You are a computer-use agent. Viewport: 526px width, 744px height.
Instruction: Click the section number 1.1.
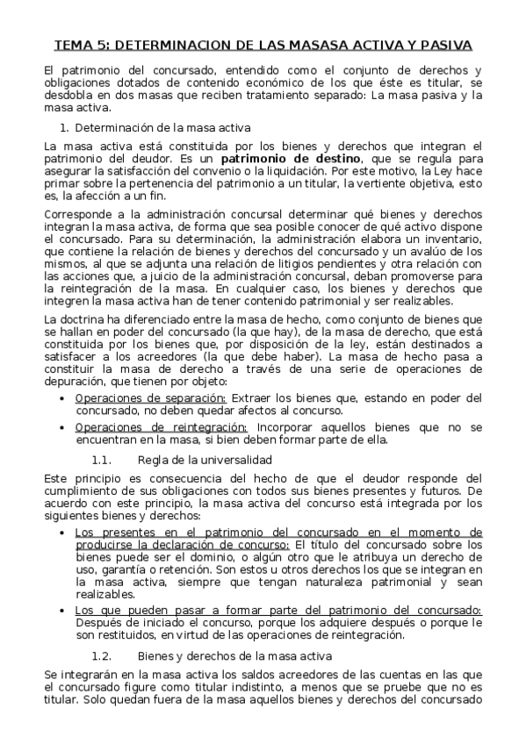[x=102, y=461]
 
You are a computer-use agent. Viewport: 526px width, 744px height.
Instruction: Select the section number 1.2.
[x=102, y=655]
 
